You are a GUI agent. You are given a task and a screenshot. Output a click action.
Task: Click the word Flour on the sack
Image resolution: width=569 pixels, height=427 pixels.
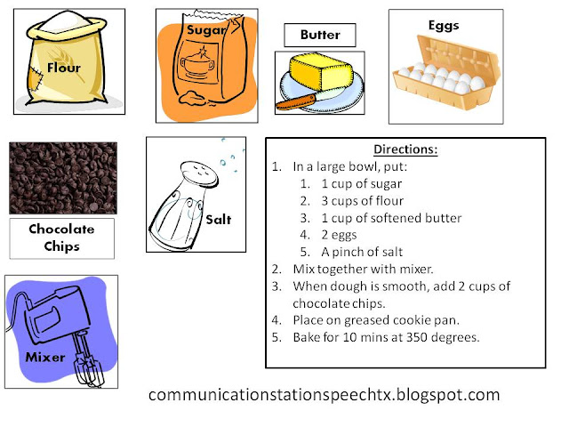click(x=64, y=68)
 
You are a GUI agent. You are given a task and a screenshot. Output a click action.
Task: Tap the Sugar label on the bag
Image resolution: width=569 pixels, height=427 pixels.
click(x=205, y=30)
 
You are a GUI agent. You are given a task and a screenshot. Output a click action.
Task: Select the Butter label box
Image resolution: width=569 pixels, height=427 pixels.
click(x=320, y=35)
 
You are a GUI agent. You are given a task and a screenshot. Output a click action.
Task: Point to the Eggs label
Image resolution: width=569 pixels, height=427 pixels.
click(x=444, y=26)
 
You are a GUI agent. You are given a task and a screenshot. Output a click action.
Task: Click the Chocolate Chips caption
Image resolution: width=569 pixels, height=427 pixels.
click(x=61, y=238)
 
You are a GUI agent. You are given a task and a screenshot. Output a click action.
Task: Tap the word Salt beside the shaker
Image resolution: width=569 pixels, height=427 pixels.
click(x=219, y=220)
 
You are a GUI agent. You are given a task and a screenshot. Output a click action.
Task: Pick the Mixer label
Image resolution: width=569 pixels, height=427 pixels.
click(x=45, y=357)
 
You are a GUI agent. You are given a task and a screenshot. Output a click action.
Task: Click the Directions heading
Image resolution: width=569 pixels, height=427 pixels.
click(x=405, y=149)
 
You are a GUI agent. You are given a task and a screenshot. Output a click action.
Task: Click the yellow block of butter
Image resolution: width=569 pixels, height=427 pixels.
click(x=321, y=71)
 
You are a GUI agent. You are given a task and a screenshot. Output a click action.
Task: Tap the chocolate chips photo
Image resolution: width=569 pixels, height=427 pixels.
click(x=63, y=178)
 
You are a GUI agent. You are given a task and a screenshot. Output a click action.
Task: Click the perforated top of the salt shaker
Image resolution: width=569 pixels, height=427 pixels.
click(x=199, y=172)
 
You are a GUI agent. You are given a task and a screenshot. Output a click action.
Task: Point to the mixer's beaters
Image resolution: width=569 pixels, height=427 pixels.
click(x=87, y=359)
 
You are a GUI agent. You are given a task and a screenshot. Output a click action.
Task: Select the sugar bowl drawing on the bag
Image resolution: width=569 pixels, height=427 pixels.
click(x=197, y=64)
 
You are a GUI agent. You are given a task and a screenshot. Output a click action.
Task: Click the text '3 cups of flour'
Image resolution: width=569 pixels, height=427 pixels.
click(x=362, y=201)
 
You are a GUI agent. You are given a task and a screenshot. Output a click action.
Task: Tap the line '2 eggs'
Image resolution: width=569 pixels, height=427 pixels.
click(x=339, y=235)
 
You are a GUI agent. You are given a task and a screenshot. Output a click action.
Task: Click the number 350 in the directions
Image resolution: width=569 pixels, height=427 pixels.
click(x=417, y=337)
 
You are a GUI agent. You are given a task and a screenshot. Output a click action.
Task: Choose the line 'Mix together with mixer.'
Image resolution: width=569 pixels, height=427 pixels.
click(x=363, y=269)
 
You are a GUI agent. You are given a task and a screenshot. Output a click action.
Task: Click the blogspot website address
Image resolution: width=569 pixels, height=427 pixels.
click(x=324, y=395)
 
